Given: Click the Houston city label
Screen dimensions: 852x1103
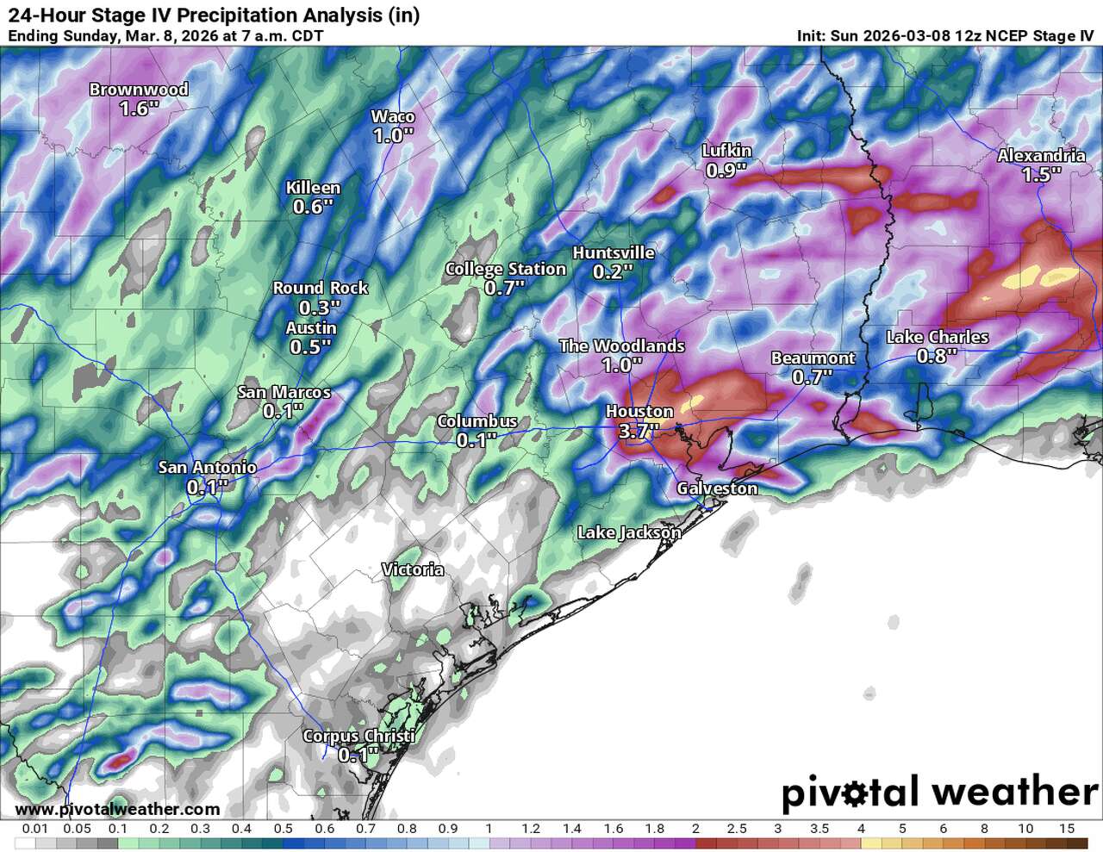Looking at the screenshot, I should coord(639,412).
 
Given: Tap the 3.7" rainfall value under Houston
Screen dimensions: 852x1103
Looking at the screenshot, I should coord(639,432).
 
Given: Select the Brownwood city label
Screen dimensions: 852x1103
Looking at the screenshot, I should coord(139,90).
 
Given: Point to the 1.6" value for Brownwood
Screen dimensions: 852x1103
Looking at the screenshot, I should coord(139,109).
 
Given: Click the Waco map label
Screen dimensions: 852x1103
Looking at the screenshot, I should coord(393,116).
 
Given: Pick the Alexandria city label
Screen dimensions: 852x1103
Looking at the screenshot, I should coord(1041,156).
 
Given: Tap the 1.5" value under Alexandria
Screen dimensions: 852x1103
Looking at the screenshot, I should coord(1041,175).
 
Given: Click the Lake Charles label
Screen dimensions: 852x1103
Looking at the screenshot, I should coord(937,337).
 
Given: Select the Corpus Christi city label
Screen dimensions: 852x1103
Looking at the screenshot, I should coord(358,737).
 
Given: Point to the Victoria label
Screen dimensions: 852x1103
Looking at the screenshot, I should coord(413,569).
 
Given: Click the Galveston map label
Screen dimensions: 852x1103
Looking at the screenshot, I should coord(717,488).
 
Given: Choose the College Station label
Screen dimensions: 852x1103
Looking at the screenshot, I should coord(505,269).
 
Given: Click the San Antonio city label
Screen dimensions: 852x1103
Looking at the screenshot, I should coord(207,468).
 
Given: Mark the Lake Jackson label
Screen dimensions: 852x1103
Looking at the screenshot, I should coord(628,532).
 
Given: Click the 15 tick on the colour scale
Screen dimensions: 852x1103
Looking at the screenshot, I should coord(1067,829).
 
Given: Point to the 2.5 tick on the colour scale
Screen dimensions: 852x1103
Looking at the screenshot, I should coord(737,829).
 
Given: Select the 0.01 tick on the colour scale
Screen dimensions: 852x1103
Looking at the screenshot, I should coord(34,829).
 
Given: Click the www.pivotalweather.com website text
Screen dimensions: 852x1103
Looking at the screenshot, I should coord(117,810).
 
